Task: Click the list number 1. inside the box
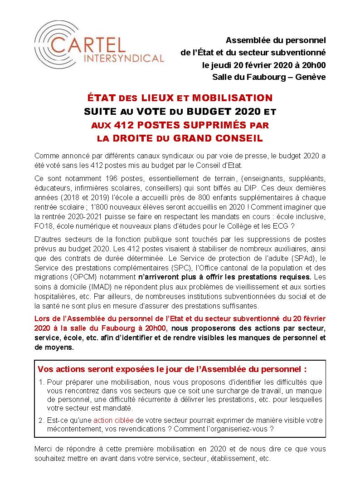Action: (x=42, y=382)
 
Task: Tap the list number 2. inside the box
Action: (x=42, y=421)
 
